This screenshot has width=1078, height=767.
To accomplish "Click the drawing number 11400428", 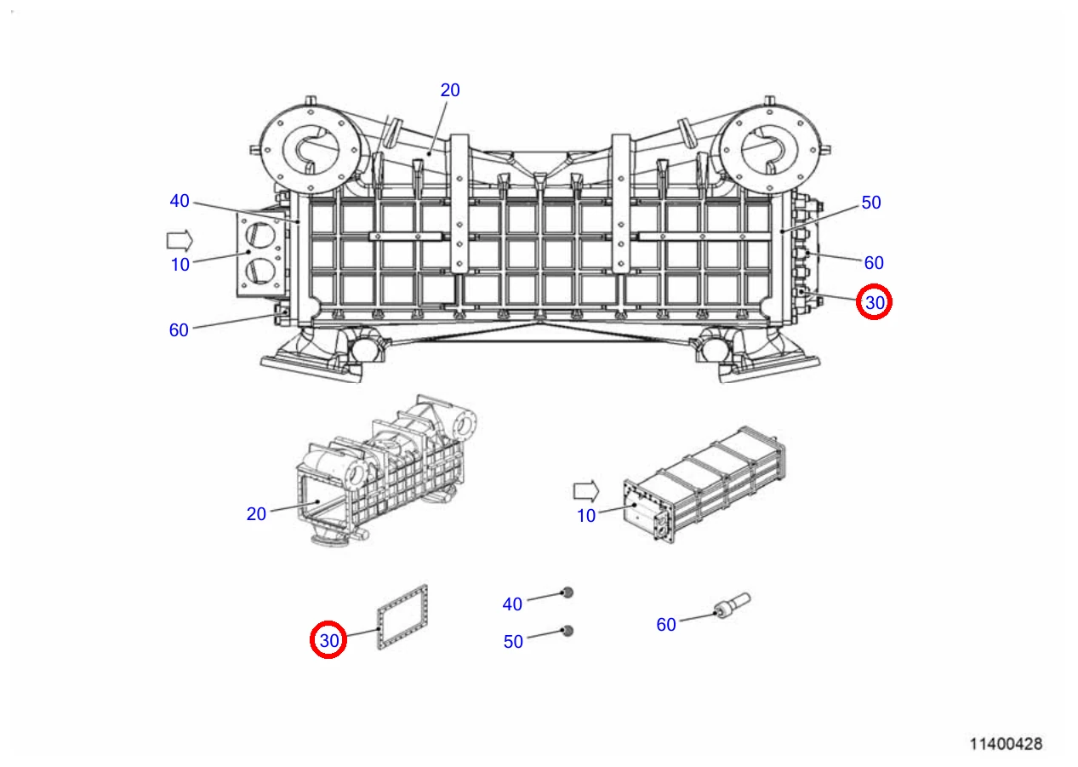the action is [1006, 744].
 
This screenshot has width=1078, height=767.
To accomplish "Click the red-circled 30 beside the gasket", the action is [329, 640].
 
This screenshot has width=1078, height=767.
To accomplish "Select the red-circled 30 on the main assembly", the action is [875, 302].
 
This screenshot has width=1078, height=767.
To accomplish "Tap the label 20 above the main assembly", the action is [450, 90].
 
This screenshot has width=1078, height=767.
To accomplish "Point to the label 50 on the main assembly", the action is [871, 203].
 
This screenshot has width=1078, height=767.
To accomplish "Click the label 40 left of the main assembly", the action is [180, 201].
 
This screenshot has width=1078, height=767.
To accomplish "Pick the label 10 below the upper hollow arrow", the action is [180, 265].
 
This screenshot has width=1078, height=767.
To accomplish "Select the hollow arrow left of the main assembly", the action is [180, 241].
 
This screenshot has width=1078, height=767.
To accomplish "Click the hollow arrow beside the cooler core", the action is [586, 491].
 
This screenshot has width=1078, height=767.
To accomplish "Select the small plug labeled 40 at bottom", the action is [568, 593].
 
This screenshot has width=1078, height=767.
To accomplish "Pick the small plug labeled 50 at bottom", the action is [568, 632].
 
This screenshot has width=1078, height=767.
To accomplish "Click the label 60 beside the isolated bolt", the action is [666, 625].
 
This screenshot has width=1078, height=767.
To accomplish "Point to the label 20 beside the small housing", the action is [256, 513].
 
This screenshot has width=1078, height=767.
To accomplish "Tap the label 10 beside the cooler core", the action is [586, 516].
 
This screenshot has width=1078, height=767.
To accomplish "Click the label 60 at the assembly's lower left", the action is [179, 329].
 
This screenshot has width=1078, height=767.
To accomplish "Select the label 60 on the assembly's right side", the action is [874, 262].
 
